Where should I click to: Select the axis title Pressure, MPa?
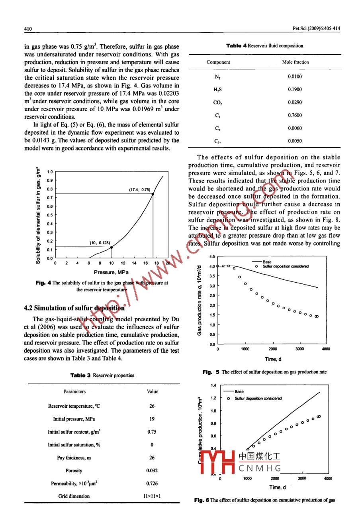111,272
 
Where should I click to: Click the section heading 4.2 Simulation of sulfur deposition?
74,308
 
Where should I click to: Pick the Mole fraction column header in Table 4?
295,62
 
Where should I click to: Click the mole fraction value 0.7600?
295,116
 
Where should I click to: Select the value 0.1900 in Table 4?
295,90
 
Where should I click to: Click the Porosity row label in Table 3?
74,471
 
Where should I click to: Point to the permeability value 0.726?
152,483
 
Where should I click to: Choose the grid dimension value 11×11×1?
152,496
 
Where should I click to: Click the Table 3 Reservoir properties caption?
102,375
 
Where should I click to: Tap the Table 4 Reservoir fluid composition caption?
264,46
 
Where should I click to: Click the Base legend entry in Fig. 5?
267,262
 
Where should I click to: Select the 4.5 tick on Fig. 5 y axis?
212,257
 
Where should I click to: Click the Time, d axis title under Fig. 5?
273,359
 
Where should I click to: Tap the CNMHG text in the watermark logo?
260,468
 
